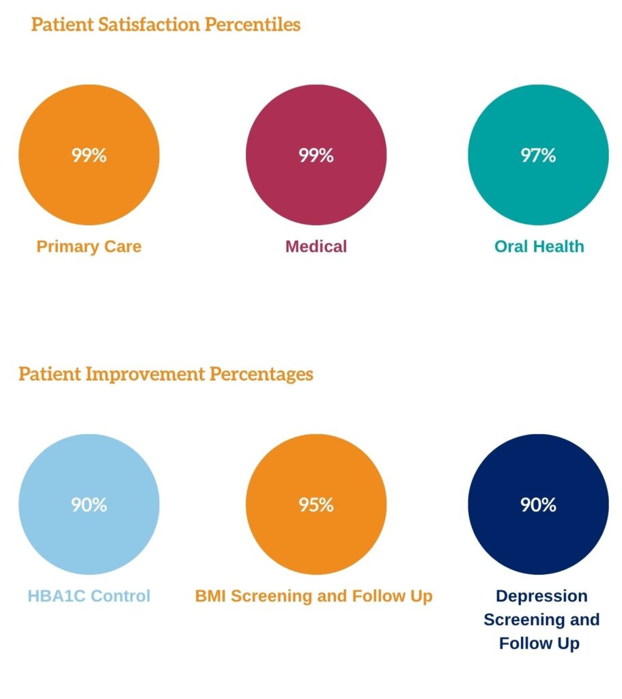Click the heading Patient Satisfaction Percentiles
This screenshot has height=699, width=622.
pos(166,25)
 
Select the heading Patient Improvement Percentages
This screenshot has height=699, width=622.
pos(166,374)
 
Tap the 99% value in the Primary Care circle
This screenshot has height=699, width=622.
pos(89,155)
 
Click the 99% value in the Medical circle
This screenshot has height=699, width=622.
pos(315,155)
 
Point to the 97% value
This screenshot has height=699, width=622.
pos(538,155)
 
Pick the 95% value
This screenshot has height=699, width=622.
pos(315,504)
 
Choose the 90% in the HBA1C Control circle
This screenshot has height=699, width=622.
pos(89,504)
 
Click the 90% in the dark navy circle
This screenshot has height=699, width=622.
pos(538,504)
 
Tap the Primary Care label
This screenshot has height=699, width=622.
pos(89,246)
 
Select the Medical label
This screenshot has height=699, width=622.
pos(315,246)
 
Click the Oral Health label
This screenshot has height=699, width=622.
pos(539,246)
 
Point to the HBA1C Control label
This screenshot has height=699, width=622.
pos(89,596)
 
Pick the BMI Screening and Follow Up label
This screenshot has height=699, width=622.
pos(313,596)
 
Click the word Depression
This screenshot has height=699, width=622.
pos(541,596)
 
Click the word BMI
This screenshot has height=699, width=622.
pos(210,596)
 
